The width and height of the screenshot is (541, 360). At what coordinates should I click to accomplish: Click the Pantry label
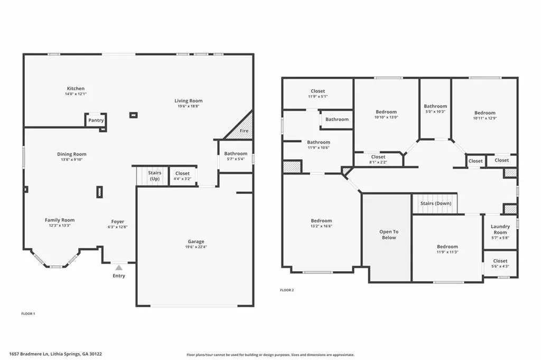[x=96, y=120]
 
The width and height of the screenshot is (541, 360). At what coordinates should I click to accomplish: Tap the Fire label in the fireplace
[x=244, y=131]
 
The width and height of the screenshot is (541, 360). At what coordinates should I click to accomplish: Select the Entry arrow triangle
[x=119, y=267]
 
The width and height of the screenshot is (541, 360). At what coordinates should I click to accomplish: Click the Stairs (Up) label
[x=155, y=176]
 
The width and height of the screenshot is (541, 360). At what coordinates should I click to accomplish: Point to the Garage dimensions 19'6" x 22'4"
[x=196, y=247]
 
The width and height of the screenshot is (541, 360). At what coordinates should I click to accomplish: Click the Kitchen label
[x=76, y=88]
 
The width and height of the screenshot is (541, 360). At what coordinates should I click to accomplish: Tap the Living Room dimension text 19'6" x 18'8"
[x=189, y=106]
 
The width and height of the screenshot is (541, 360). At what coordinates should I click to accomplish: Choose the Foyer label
[x=118, y=221]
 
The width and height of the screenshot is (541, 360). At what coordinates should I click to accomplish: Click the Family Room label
[x=60, y=220]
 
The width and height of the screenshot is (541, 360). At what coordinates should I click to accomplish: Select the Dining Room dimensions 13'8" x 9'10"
[x=72, y=160]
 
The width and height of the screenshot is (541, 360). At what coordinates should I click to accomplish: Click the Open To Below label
[x=389, y=235]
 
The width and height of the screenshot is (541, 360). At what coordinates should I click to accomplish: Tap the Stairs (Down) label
[x=436, y=204]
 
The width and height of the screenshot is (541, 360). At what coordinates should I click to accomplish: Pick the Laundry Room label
[x=500, y=229]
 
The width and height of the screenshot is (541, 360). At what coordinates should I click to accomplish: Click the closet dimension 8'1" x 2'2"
[x=378, y=162]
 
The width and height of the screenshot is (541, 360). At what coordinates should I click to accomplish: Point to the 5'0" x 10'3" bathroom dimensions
[x=435, y=112]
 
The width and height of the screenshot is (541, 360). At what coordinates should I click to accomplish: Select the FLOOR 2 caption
[x=287, y=290]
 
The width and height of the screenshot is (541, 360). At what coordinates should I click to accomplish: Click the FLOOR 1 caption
[x=28, y=314]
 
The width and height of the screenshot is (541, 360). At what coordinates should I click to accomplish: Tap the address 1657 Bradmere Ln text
[x=29, y=354]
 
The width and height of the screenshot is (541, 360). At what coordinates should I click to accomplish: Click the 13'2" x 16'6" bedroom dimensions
[x=321, y=226]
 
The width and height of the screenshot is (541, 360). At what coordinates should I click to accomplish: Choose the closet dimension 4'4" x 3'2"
[x=182, y=179]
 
